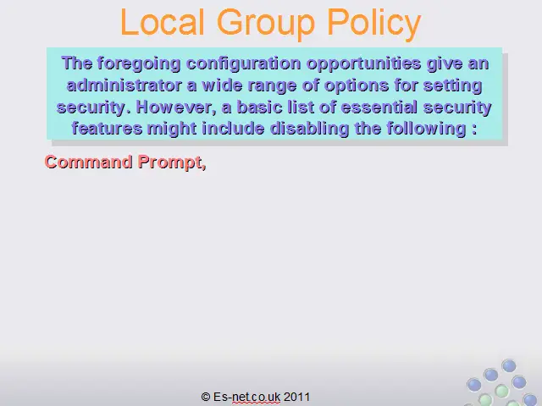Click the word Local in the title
(163, 22)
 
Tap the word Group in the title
(266, 25)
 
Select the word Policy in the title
(374, 25)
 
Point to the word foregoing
(139, 64)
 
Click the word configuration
(244, 64)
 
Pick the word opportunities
(364, 64)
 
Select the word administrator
(124, 85)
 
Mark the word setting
(453, 86)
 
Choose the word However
(177, 107)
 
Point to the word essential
(379, 107)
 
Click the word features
(108, 129)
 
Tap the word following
(426, 129)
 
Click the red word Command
(88, 162)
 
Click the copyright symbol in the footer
(206, 397)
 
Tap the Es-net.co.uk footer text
(246, 397)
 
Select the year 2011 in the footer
(297, 397)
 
